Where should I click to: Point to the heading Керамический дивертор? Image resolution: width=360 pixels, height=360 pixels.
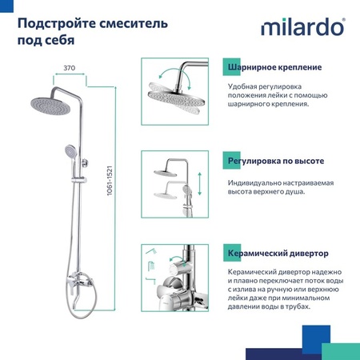click(278, 254)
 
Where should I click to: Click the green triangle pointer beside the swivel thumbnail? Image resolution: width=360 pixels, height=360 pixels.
click(222, 66)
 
